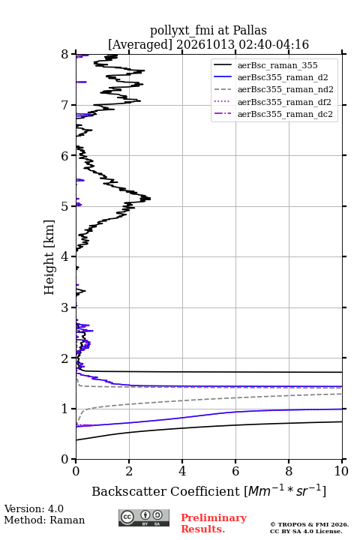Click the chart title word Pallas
(250, 30)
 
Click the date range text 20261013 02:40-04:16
(242, 45)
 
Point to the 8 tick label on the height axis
(65, 55)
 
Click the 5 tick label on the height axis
(65, 206)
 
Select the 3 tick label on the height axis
(65, 307)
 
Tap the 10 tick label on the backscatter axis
(341, 471)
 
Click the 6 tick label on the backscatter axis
(235, 471)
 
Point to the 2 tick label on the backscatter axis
(129, 471)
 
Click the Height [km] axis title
(49, 257)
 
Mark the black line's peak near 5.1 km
(150, 198)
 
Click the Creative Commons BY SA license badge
(144, 518)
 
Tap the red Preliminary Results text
(214, 523)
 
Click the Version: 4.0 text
(34, 508)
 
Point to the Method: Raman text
(44, 520)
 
